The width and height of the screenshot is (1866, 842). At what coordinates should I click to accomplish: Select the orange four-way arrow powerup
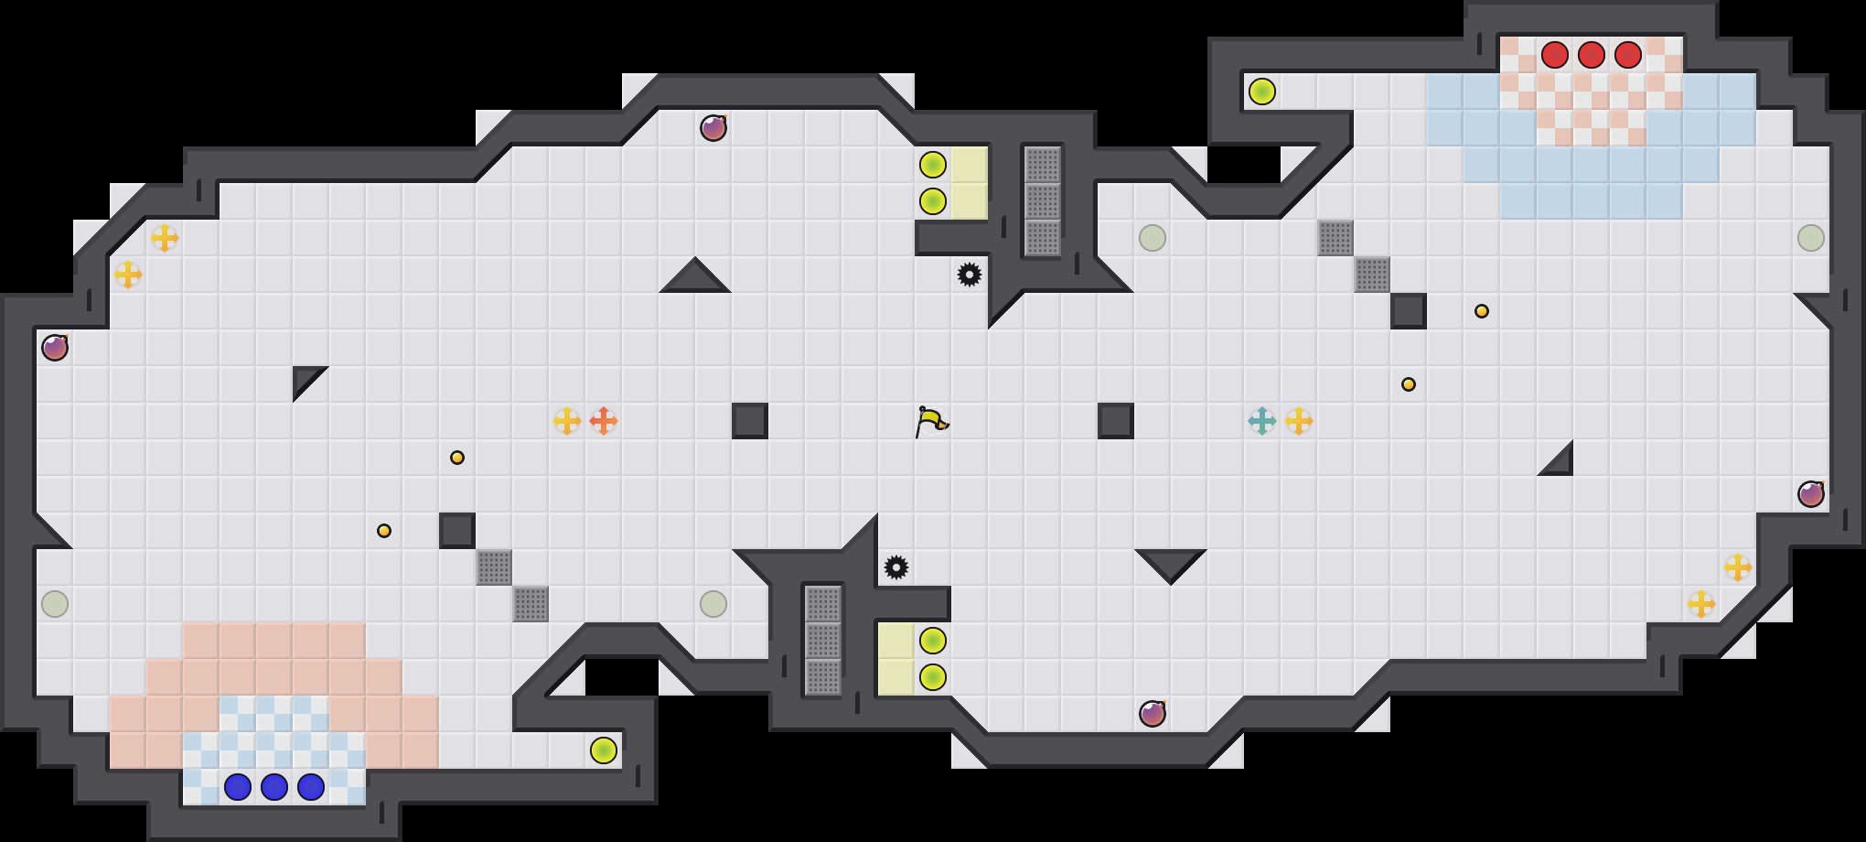(604, 421)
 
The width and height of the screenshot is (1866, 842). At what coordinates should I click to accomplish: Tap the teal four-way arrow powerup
(1262, 421)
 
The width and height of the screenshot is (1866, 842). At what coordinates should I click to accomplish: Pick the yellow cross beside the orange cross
(567, 421)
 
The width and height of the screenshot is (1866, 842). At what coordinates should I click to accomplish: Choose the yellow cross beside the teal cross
(1299, 421)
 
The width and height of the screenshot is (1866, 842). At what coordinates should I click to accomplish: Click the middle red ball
(1592, 55)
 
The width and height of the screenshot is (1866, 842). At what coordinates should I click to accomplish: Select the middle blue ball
(274, 787)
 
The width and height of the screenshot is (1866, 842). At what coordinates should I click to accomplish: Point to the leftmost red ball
(1555, 55)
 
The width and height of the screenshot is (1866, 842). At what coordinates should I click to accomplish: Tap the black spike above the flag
(970, 275)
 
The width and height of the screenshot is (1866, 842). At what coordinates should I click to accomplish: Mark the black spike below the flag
(896, 567)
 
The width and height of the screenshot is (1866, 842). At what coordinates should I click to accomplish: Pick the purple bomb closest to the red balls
(1811, 494)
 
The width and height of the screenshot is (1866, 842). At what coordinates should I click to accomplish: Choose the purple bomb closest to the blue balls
(55, 348)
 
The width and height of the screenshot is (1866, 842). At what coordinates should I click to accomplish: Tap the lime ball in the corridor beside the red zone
(1262, 92)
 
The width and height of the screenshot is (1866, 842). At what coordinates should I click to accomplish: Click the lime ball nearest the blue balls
(604, 750)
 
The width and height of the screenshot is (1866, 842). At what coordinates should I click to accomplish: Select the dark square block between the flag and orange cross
(750, 421)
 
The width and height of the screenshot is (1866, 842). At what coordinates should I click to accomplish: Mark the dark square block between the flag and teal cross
(1116, 421)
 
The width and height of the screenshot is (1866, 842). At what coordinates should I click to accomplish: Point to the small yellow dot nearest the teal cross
(1409, 384)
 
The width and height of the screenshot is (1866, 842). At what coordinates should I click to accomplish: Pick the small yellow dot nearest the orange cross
(457, 458)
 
